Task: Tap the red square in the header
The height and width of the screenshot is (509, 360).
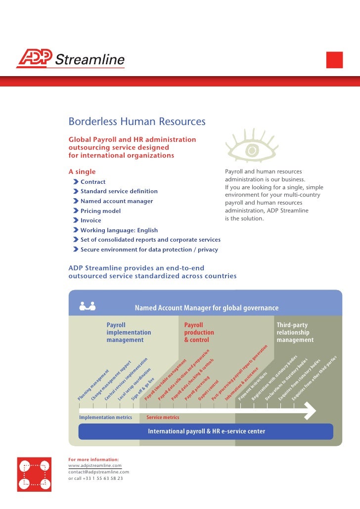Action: tap(335, 59)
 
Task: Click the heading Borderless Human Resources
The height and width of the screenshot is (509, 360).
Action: tap(136, 122)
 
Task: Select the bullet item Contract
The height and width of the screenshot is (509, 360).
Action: tap(93, 182)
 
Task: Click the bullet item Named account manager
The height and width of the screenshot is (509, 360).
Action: tap(117, 201)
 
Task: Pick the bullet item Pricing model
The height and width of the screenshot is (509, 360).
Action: tap(100, 211)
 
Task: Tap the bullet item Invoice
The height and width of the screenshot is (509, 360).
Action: tap(90, 220)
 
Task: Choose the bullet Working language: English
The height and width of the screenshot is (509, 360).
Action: tap(119, 230)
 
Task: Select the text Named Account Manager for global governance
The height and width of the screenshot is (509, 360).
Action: tap(207, 308)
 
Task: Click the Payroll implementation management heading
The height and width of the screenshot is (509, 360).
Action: tap(129, 333)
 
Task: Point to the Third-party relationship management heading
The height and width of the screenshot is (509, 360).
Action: tap(295, 333)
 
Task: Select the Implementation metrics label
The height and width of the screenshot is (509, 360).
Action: tap(106, 418)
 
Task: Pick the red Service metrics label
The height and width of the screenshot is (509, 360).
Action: tap(163, 418)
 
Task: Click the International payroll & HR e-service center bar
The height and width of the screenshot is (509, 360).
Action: tap(206, 431)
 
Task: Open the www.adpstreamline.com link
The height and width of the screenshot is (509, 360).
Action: tap(94, 466)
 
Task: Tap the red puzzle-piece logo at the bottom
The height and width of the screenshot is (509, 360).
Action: tap(34, 474)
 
